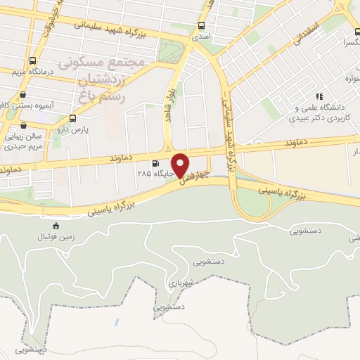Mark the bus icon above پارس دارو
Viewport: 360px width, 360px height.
tap(72, 118)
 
